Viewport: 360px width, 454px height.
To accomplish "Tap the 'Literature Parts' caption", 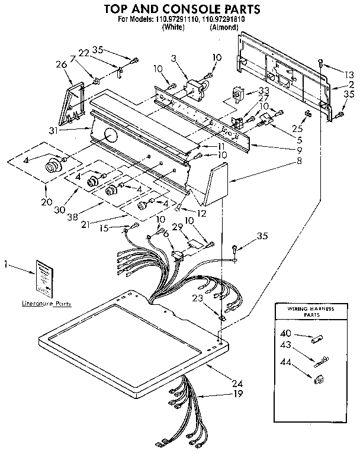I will pyautogui.click(x=46, y=304).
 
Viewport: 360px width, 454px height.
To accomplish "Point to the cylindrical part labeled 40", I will pyautogui.click(x=316, y=339).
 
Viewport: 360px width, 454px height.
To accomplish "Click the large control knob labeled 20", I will pyautogui.click(x=54, y=165).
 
